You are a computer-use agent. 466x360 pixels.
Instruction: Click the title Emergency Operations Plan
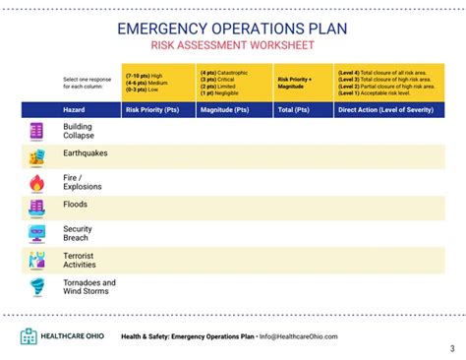[232, 28]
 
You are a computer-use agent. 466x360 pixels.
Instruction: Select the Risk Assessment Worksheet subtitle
[232, 46]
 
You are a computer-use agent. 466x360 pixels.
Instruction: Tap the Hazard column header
[74, 109]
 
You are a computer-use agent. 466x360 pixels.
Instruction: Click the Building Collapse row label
[79, 131]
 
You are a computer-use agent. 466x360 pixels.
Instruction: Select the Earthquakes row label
[85, 153]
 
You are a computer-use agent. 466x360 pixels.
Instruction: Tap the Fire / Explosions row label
[83, 182]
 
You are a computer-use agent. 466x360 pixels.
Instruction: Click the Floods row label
[75, 205]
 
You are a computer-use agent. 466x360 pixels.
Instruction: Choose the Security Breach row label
[78, 233]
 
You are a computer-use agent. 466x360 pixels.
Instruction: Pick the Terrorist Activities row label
[81, 260]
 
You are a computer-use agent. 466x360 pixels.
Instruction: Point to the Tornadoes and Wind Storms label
[88, 287]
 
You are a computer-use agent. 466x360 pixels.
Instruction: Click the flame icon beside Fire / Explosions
[36, 183]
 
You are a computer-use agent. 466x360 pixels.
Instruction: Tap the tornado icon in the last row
[36, 287]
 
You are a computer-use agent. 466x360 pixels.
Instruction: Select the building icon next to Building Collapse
[36, 131]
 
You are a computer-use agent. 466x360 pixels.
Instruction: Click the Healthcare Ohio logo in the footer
[61, 336]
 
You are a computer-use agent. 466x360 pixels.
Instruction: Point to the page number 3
[452, 348]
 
